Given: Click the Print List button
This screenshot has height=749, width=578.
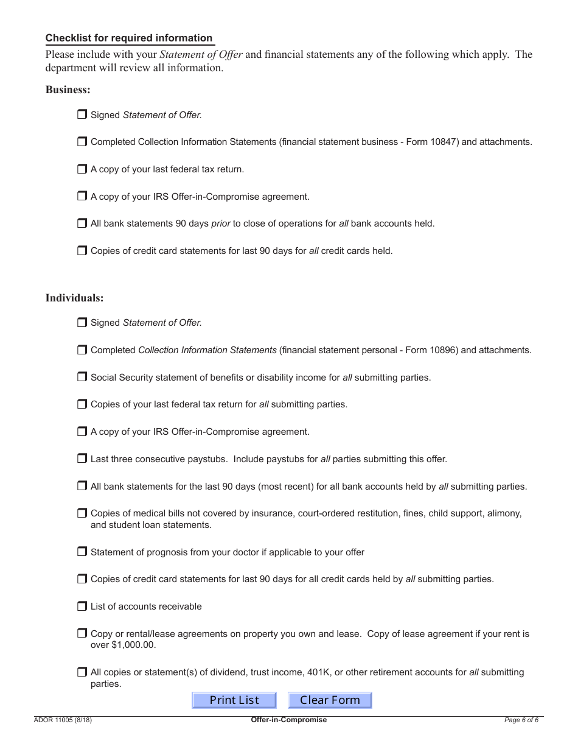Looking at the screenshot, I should coord(234,700).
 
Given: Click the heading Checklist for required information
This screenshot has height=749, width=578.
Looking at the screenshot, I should coord(129,38).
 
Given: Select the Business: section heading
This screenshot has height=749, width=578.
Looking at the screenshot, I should coord(68,90).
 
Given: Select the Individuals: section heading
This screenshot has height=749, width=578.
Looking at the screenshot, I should coord(74,298).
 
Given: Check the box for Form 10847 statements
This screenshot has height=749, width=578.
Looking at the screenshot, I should coord(82,141).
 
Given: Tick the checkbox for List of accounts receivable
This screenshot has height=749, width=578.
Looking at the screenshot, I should coord(82,606).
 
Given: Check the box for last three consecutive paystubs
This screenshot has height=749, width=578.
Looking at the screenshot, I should coord(82,459).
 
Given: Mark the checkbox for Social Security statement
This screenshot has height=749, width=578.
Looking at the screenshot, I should coord(82,377).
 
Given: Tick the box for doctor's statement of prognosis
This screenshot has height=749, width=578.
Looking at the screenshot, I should coord(82,552).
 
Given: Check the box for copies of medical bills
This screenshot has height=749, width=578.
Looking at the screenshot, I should coord(82,513).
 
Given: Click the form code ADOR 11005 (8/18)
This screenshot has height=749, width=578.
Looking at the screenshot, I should coord(63,720).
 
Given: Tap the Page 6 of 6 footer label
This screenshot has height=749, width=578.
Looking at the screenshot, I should coord(521,720).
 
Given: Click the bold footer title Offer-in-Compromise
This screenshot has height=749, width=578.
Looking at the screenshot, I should coord(288,720).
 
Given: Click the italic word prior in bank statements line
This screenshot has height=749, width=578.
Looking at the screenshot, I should coord(220,223).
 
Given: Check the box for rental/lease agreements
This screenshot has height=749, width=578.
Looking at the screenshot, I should coord(82,633).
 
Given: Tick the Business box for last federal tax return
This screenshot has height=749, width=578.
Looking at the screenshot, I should coord(82,169).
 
